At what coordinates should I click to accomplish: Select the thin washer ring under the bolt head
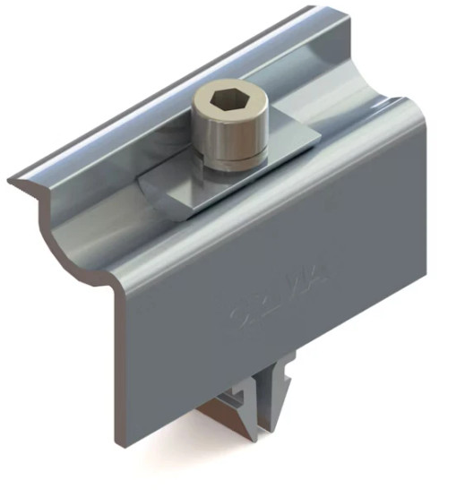(233, 162)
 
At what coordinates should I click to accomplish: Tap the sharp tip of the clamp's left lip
(10, 184)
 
